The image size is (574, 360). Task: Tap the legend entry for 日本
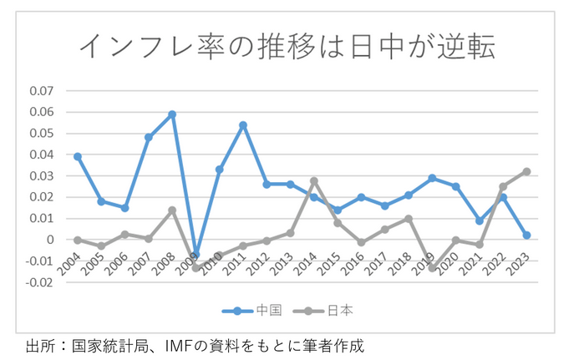pos(330,311)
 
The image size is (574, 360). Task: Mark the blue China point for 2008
pos(172,114)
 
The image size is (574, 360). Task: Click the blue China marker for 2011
pos(243,125)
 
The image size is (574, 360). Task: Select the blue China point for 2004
pos(78,156)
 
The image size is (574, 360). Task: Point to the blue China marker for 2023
pos(527,236)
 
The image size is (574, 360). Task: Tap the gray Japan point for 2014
pos(314,180)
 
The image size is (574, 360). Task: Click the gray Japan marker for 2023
pos(527,171)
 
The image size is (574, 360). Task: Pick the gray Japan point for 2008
pos(172,210)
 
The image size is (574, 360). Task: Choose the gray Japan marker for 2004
pos(78,240)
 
